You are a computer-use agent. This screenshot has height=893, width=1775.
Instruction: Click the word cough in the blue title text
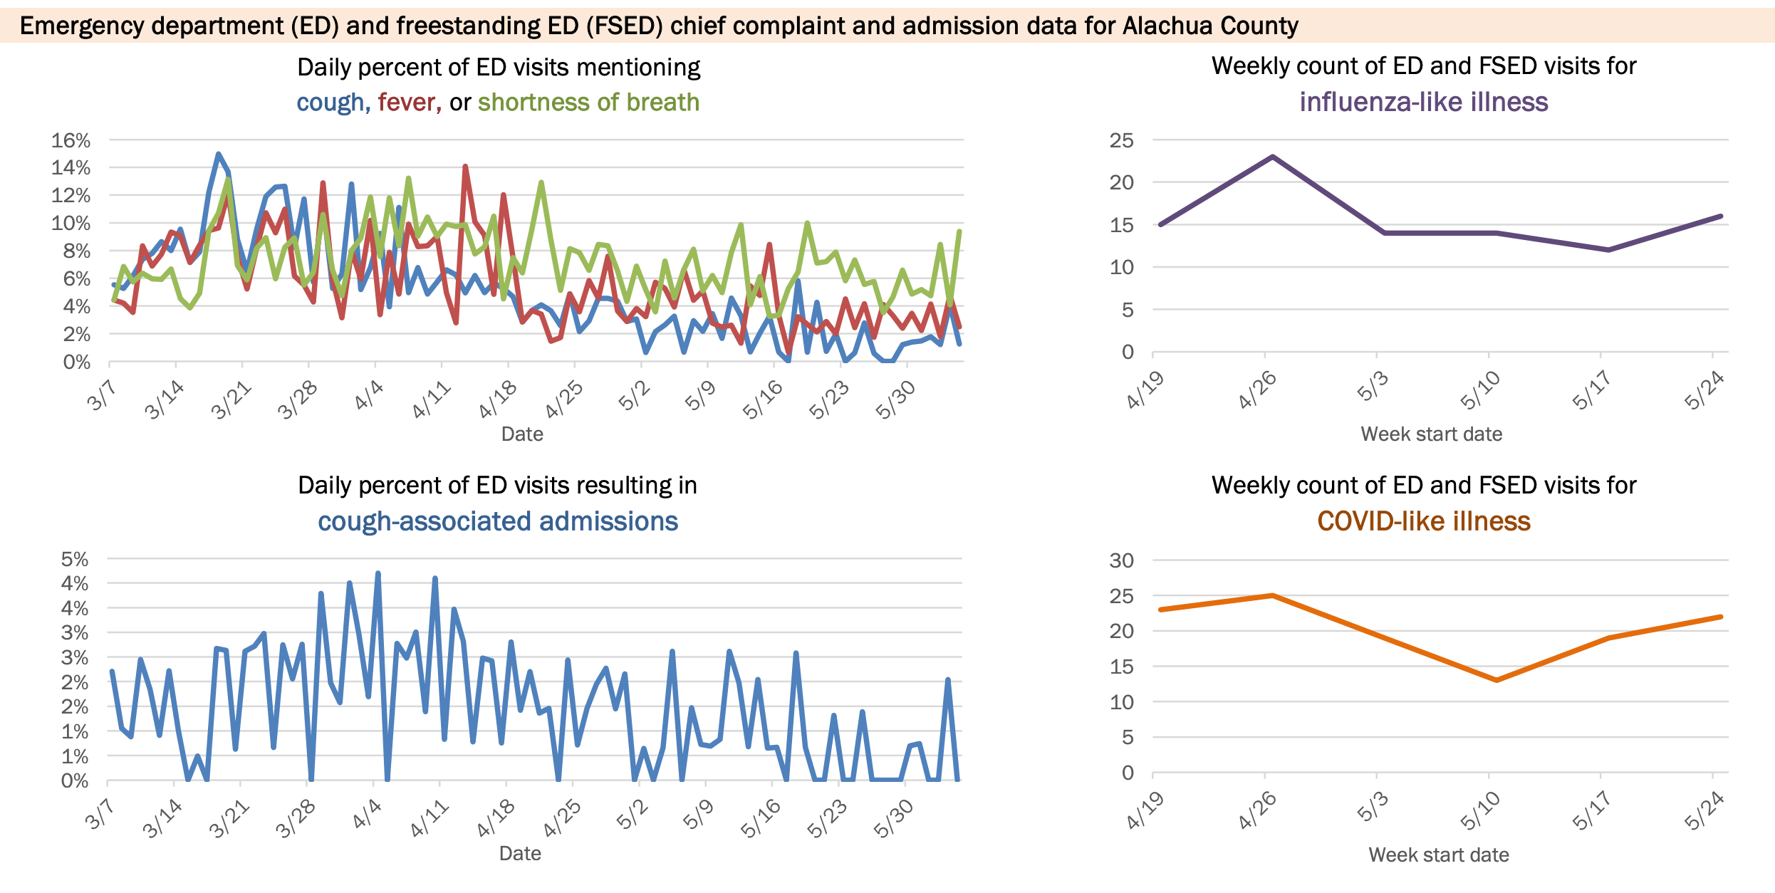pyautogui.click(x=330, y=103)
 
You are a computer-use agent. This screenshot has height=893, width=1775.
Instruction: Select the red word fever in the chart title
pyautogui.click(x=407, y=103)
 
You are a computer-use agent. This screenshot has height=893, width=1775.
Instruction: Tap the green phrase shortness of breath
pyautogui.click(x=588, y=103)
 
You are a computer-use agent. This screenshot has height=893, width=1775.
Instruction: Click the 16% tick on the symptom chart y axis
pyautogui.click(x=71, y=141)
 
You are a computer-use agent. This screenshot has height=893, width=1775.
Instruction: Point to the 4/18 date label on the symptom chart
pyautogui.click(x=498, y=399)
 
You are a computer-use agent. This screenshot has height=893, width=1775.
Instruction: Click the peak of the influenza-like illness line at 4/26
pyautogui.click(x=1273, y=157)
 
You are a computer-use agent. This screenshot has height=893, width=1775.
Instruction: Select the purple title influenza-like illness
pyautogui.click(x=1423, y=103)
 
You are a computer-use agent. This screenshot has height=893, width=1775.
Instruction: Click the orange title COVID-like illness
pyautogui.click(x=1423, y=522)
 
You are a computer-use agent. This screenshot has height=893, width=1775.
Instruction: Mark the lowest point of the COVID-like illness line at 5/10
pyautogui.click(x=1496, y=680)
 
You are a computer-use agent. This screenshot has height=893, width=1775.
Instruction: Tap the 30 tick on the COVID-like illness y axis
pyautogui.click(x=1121, y=561)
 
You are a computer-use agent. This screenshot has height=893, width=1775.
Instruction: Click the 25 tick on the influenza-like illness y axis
pyautogui.click(x=1121, y=141)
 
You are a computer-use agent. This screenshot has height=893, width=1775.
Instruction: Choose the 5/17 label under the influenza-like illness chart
pyautogui.click(x=1591, y=391)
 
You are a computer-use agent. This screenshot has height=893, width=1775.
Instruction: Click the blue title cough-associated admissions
pyautogui.click(x=497, y=522)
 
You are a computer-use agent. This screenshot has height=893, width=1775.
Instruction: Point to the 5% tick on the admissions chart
pyautogui.click(x=75, y=560)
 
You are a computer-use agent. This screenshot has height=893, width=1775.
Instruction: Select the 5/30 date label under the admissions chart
pyautogui.click(x=893, y=819)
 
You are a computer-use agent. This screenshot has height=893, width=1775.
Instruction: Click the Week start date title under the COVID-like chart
pyautogui.click(x=1438, y=855)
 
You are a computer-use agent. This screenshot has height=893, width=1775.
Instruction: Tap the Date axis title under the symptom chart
pyautogui.click(x=522, y=434)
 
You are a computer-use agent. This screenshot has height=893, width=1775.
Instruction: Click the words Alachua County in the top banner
pyautogui.click(x=1210, y=26)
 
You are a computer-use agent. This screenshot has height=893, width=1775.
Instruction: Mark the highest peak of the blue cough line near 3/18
pyautogui.click(x=218, y=154)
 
